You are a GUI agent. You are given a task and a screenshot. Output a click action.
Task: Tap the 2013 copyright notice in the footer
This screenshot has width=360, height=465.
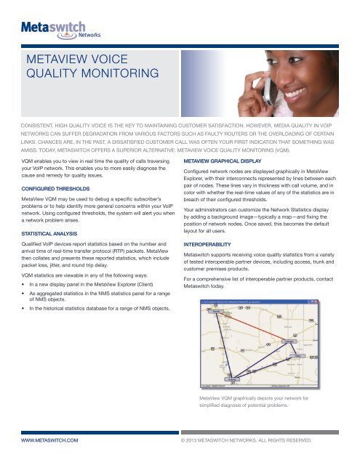[x=257, y=440]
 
